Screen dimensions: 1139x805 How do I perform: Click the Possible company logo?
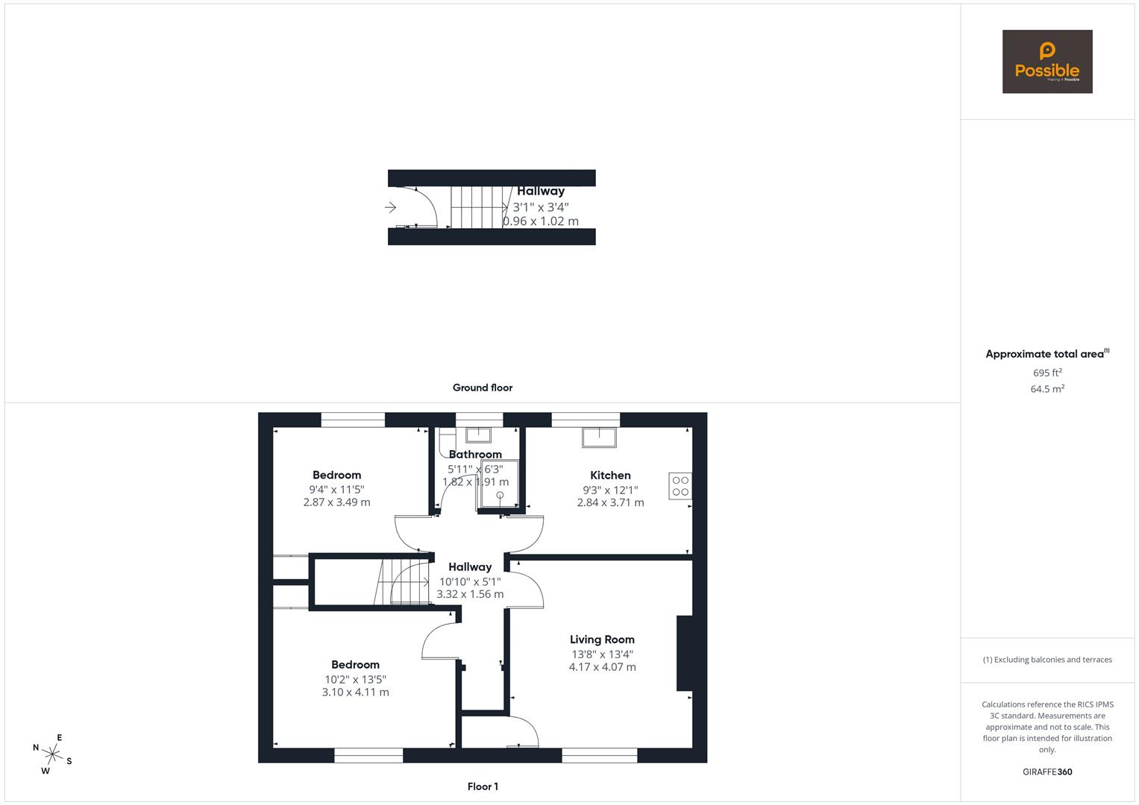click(1047, 61)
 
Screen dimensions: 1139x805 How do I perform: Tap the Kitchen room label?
click(610, 476)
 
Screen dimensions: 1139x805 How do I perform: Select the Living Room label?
click(602, 640)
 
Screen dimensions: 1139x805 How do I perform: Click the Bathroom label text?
click(475, 454)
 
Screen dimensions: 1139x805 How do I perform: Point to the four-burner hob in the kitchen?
click(680, 486)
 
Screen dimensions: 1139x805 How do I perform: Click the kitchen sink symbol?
click(599, 438)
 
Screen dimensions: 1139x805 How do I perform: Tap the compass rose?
click(52, 754)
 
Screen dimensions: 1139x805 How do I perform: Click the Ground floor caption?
click(483, 388)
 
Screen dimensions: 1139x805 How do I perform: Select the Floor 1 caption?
click(483, 786)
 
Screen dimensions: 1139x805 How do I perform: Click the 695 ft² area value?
click(1047, 373)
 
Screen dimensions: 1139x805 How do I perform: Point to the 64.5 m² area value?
click(1047, 389)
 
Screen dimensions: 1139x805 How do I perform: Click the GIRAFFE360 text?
click(1047, 771)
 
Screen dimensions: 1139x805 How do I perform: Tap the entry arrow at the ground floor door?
click(391, 207)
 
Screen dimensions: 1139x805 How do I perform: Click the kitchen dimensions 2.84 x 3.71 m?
click(610, 502)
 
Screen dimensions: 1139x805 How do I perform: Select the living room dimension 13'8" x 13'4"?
click(602, 654)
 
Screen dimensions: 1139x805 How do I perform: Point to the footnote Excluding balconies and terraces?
click(1047, 660)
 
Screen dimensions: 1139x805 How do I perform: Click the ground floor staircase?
click(480, 207)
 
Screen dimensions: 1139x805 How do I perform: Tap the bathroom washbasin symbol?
click(478, 435)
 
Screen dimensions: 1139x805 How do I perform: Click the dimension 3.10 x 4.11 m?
click(356, 692)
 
